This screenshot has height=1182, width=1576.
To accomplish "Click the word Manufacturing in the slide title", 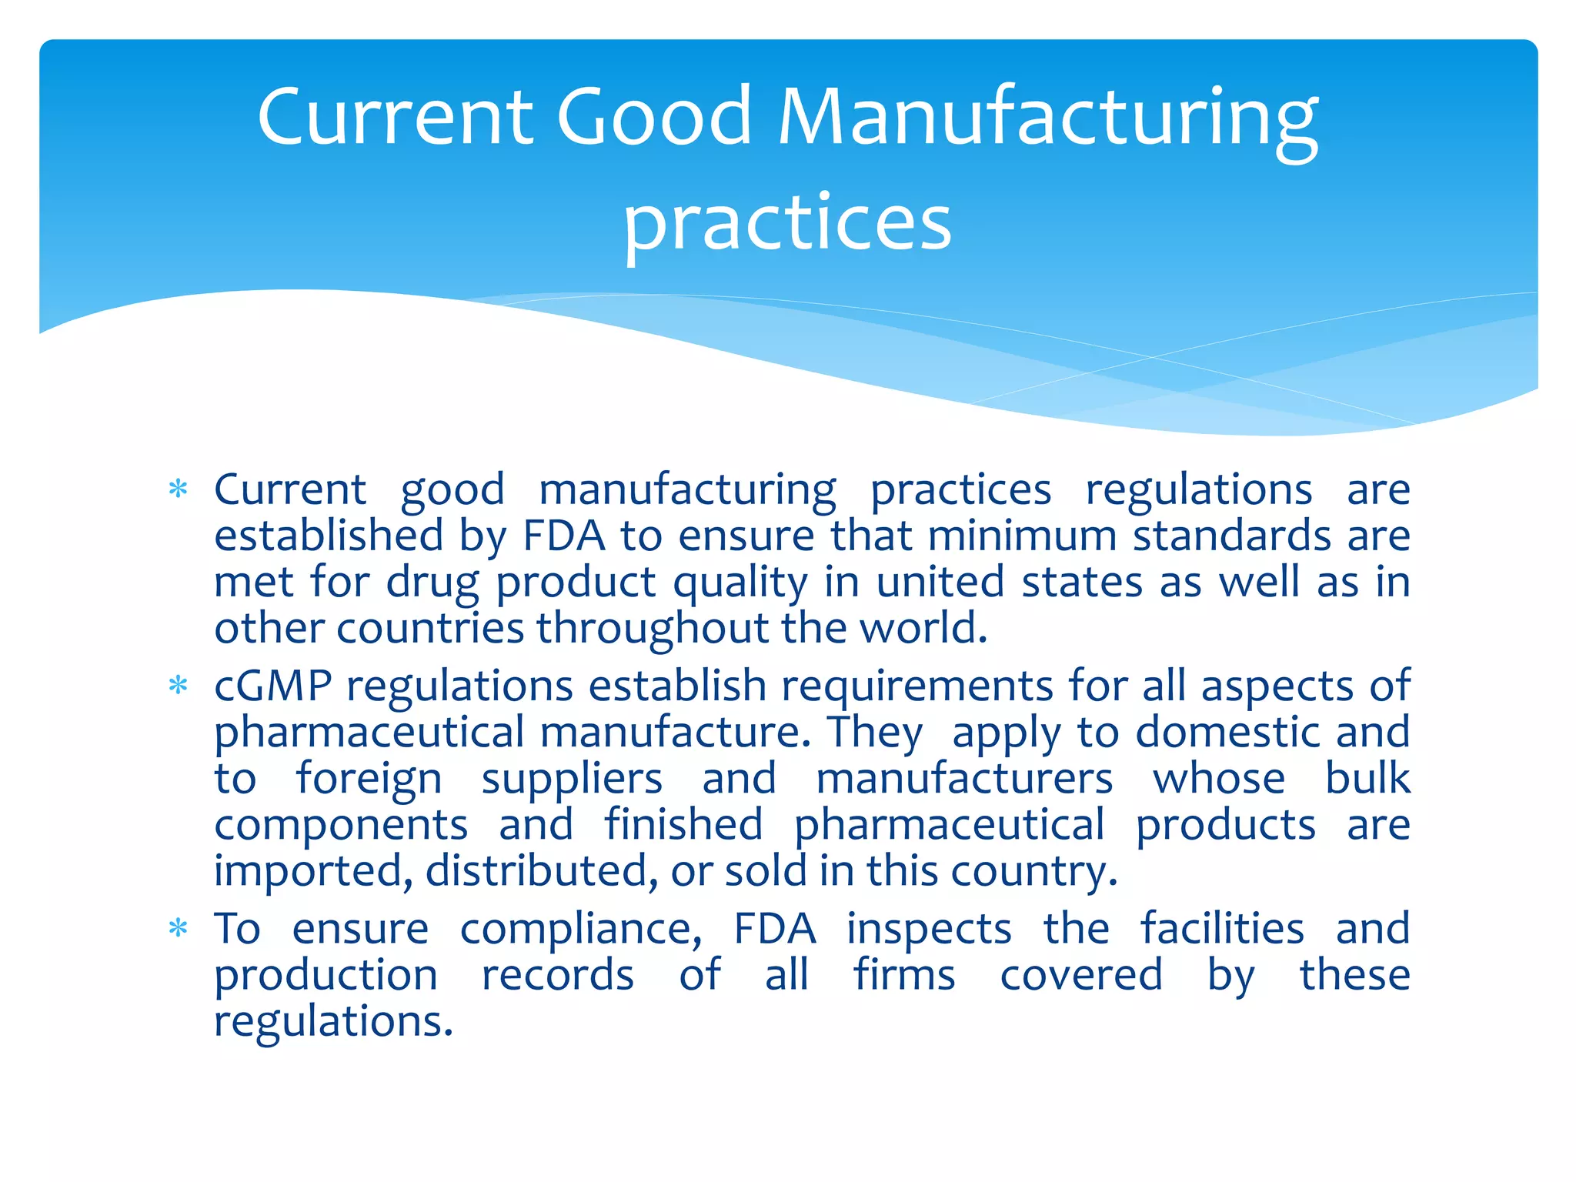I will [x=1048, y=117].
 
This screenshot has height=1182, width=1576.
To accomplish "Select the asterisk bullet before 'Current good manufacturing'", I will [x=179, y=489].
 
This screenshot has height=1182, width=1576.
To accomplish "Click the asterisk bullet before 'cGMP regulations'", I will [x=179, y=686].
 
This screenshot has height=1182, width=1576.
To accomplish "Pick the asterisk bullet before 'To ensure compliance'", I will [x=179, y=929].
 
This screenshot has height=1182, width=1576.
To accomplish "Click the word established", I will [x=329, y=536].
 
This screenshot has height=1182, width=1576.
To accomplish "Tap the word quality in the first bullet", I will [x=740, y=583].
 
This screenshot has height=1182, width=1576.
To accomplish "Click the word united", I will [x=940, y=582].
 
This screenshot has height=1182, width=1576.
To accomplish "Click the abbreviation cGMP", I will [x=273, y=686].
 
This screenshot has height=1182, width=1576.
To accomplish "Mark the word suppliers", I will [x=572, y=780].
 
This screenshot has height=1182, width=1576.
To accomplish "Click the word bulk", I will [x=1367, y=778].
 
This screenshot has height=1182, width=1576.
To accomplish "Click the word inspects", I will [x=930, y=930].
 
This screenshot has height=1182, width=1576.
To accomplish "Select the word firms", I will [x=904, y=975].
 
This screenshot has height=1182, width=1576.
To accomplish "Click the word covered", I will [x=1081, y=975].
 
